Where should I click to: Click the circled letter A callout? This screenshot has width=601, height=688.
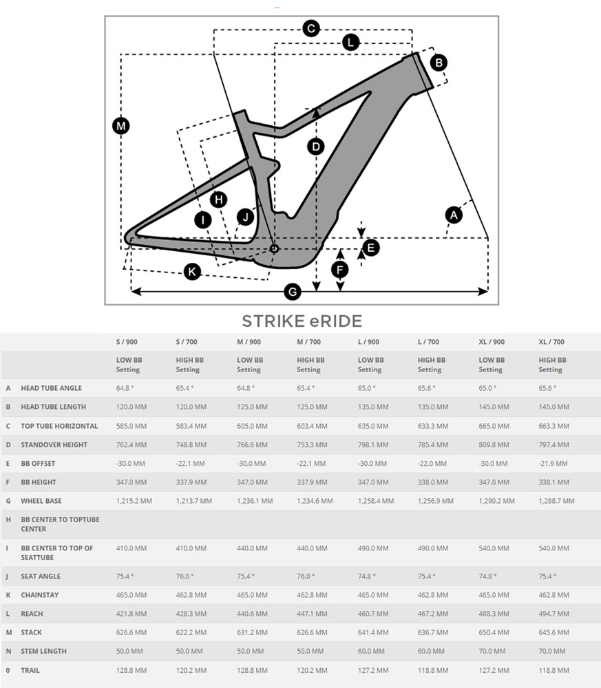[453, 215]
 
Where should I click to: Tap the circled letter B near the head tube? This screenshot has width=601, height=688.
[439, 63]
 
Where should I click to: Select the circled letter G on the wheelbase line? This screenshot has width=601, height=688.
[293, 292]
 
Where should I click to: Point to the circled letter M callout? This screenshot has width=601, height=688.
[121, 126]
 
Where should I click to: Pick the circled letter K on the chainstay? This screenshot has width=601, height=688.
[192, 272]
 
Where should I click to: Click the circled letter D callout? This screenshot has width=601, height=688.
[315, 147]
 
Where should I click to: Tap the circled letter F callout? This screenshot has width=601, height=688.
[339, 269]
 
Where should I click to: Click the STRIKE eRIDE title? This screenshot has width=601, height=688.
[302, 321]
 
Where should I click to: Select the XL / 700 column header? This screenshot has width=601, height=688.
[551, 342]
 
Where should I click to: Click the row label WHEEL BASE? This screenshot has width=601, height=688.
[42, 501]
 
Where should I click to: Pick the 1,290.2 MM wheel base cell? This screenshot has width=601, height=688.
[497, 501]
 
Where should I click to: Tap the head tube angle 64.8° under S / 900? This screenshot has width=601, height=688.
[125, 388]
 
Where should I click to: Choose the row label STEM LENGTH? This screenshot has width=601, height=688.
[44, 651]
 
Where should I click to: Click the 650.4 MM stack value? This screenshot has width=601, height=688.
[494, 632]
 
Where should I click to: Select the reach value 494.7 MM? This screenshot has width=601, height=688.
[554, 614]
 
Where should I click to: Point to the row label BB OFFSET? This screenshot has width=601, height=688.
[39, 464]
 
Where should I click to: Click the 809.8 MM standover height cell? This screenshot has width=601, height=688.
[494, 444]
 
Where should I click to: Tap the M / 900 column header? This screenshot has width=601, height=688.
[249, 342]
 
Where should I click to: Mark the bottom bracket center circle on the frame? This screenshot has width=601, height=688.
[274, 248]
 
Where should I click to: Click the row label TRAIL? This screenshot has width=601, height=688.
[31, 670]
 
